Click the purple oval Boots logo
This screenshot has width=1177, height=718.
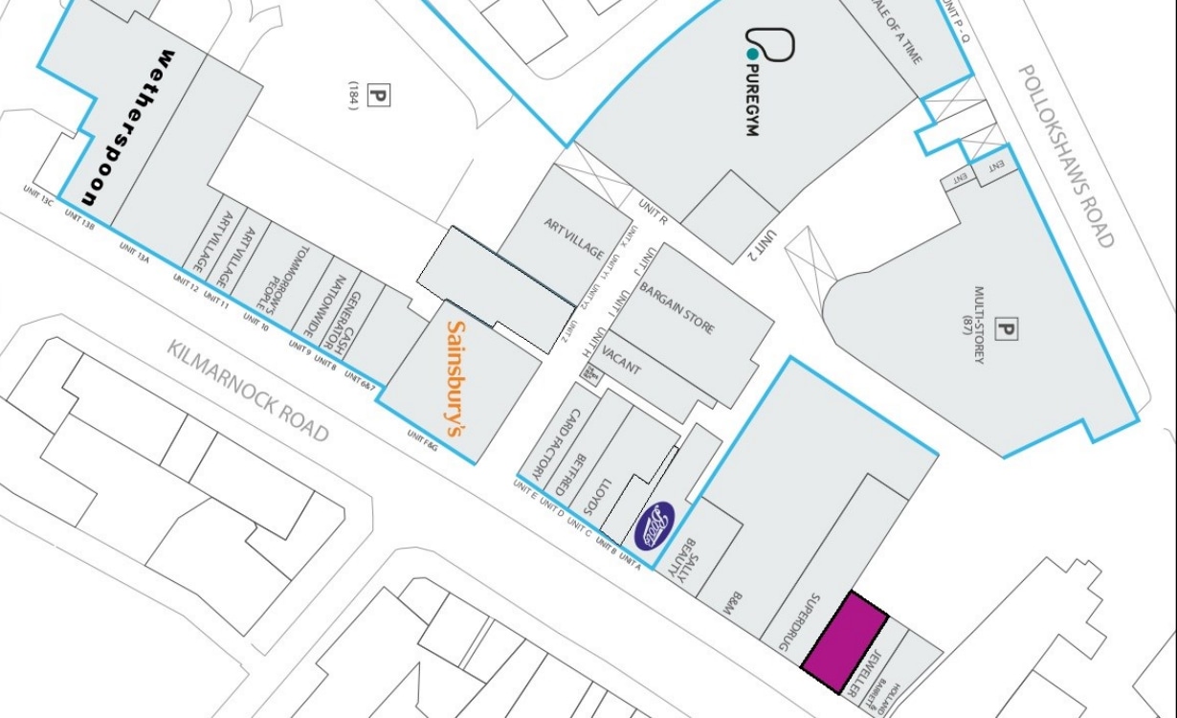click(657, 526)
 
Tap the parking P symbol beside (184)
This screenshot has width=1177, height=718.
click(380, 96)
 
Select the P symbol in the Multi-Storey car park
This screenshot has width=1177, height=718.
click(1006, 332)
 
